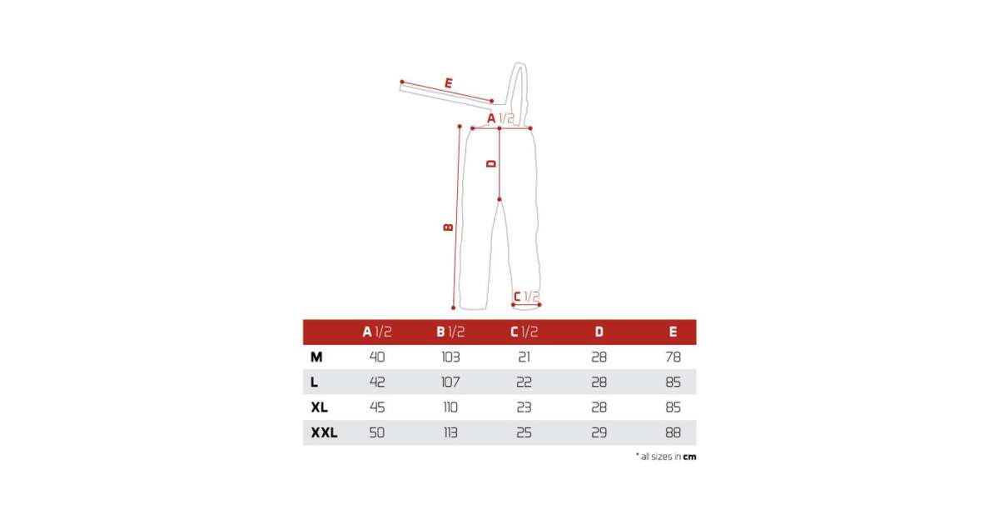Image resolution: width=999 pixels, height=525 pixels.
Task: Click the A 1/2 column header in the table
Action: [x=377, y=332]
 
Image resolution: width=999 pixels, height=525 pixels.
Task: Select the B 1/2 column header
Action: [x=450, y=332]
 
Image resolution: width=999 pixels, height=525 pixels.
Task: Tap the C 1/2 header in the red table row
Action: [x=524, y=332]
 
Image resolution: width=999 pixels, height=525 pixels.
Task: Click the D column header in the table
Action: [x=599, y=332]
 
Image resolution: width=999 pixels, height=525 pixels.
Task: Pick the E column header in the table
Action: [x=673, y=332]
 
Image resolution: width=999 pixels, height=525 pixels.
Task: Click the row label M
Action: [x=316, y=357]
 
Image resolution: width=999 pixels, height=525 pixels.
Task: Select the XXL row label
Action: [x=324, y=432]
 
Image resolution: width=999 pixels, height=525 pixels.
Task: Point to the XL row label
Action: [x=319, y=407]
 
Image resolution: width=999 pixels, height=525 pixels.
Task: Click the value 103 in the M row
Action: [x=450, y=357]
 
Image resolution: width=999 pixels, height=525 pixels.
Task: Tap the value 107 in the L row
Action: [x=450, y=382]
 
